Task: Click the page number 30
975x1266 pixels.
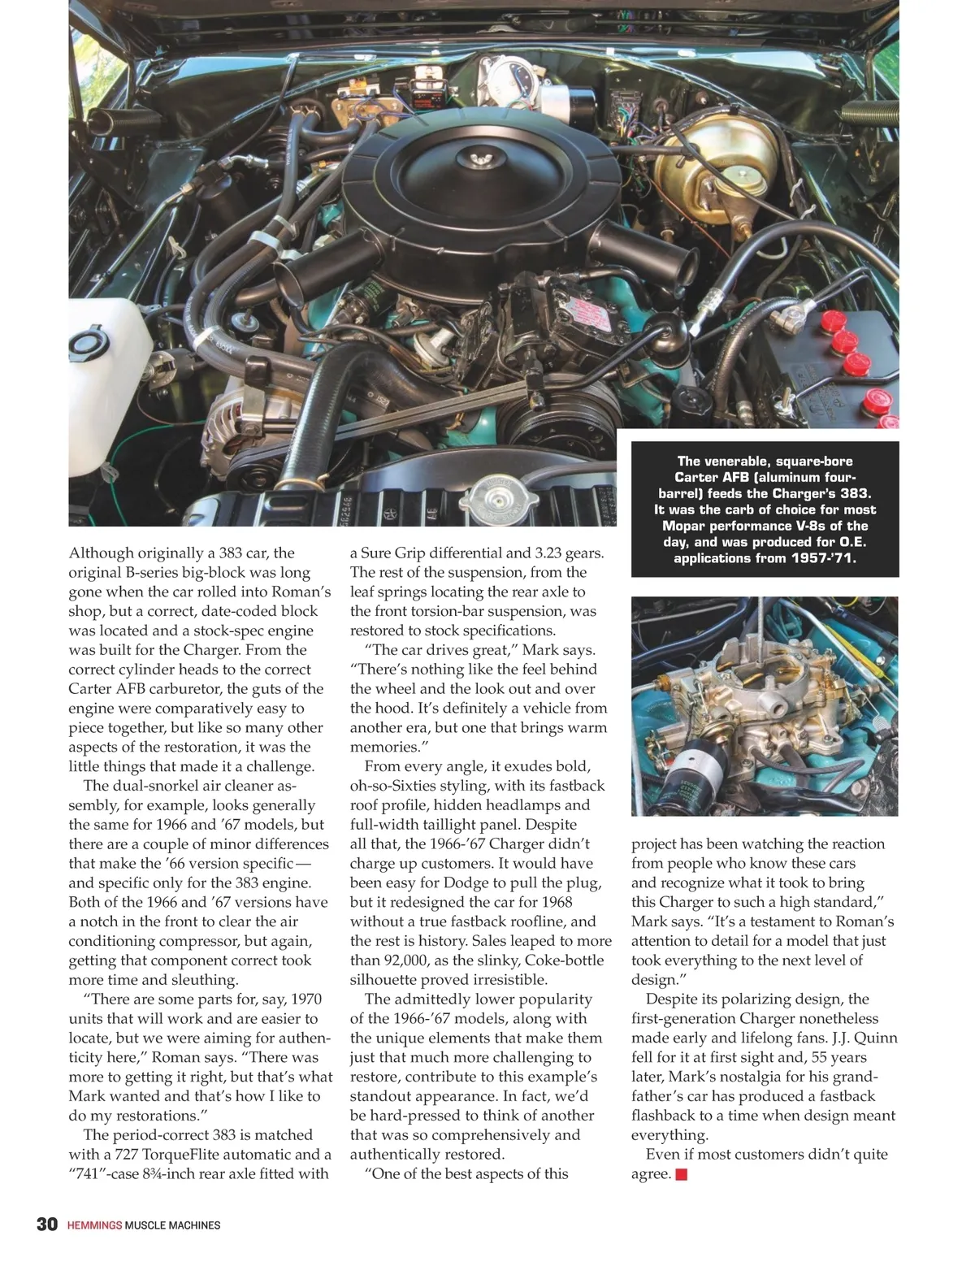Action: click(47, 1225)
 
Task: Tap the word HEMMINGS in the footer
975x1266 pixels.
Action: click(94, 1225)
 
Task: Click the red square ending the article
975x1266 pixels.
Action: click(681, 1174)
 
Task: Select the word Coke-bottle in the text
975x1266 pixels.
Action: click(513, 960)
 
